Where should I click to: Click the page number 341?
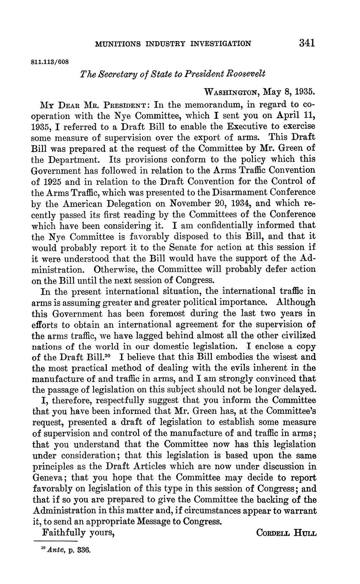307,43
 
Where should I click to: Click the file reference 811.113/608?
50,61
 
